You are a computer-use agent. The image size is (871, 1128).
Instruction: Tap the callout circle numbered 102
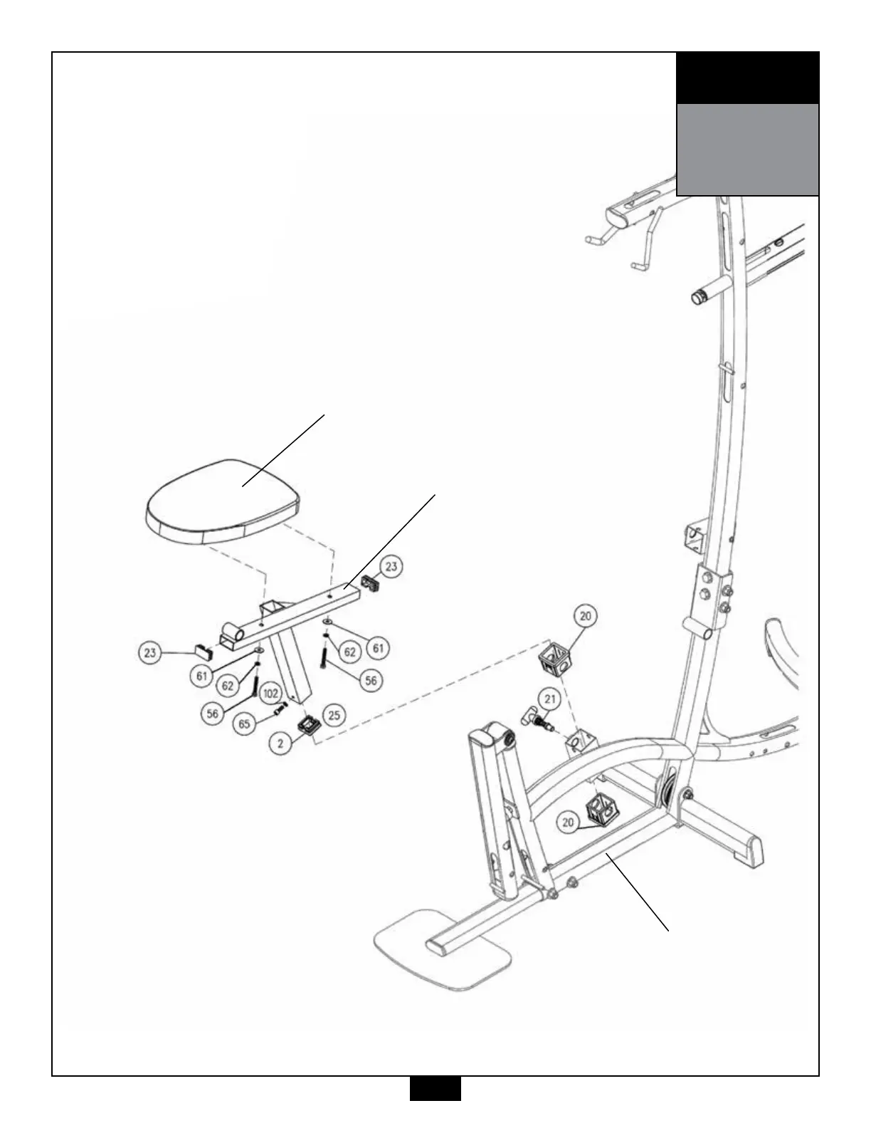pos(270,693)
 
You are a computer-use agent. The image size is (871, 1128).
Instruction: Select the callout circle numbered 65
pos(245,724)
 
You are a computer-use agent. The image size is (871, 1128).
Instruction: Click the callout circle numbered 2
pos(281,743)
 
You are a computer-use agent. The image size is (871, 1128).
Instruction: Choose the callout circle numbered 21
pos(549,699)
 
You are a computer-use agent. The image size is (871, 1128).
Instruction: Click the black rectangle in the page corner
pos(747,78)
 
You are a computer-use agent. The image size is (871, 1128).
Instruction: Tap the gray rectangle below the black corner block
pos(747,150)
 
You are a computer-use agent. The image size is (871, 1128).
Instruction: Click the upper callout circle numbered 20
pos(585,617)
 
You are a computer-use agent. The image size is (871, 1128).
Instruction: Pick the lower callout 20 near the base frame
pos(568,822)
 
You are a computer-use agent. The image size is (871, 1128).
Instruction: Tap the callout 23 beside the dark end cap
pos(391,567)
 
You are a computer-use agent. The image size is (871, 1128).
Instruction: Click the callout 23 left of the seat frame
pos(149,652)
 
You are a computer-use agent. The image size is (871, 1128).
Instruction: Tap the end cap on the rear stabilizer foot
pos(751,850)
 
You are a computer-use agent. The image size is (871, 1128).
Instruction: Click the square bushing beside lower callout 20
pos(600,810)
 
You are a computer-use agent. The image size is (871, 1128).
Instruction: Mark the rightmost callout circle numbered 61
pos(378,647)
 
